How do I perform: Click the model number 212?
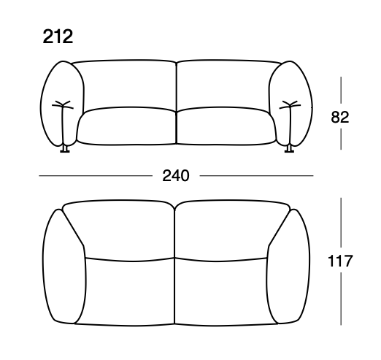tap(58, 37)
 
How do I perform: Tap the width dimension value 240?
tap(175, 176)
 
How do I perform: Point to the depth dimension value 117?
tap(341, 260)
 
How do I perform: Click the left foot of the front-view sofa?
tap(65, 149)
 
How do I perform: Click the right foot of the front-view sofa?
tap(289, 149)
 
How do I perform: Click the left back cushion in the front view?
tap(126, 84)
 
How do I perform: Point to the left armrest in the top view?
tap(65, 266)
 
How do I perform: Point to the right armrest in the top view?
tap(289, 266)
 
